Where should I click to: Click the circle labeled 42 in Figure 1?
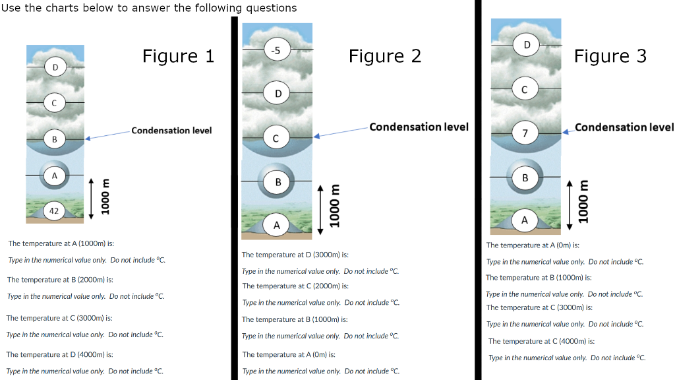tap(55, 211)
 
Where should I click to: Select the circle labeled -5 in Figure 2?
tap(277, 50)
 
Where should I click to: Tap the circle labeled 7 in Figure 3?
tap(525, 134)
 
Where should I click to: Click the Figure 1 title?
tap(178, 57)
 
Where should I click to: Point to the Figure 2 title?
tap(385, 57)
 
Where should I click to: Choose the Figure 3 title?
tap(610, 57)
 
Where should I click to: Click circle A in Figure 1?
tap(55, 175)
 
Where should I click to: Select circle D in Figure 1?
tap(55, 67)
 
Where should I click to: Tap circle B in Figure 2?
tap(278, 181)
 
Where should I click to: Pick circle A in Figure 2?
tap(277, 226)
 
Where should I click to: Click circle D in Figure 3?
tap(527, 45)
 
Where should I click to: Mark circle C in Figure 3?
tap(525, 89)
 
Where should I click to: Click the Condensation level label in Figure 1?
tap(171, 131)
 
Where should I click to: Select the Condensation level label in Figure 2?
tap(419, 127)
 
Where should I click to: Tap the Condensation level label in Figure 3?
tap(624, 127)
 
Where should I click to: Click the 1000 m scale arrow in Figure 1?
tap(92, 198)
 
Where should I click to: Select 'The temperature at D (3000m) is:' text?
tap(295, 255)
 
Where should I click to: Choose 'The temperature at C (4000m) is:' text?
tap(541, 341)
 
